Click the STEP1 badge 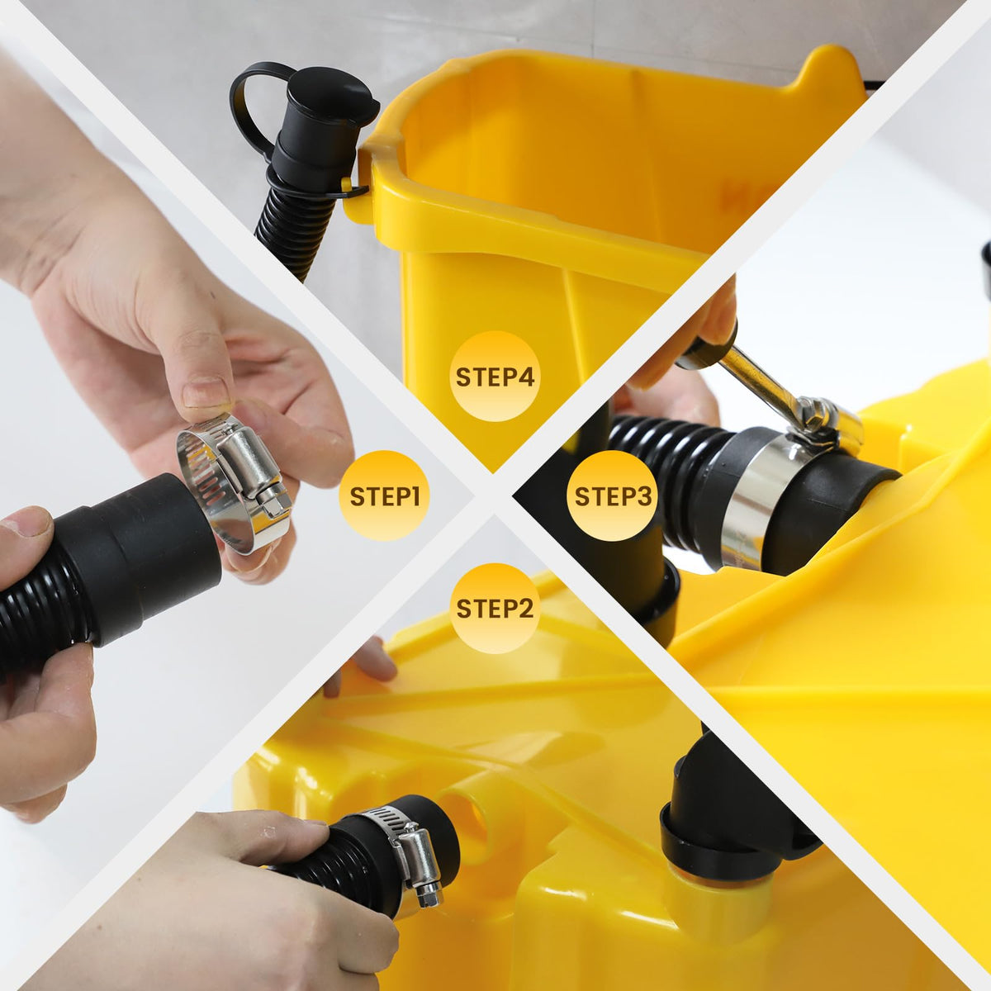pos(384,495)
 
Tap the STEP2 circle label pos(495,609)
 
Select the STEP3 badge pos(612,495)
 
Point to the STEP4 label pos(495,377)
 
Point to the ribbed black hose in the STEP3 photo pos(669,478)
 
